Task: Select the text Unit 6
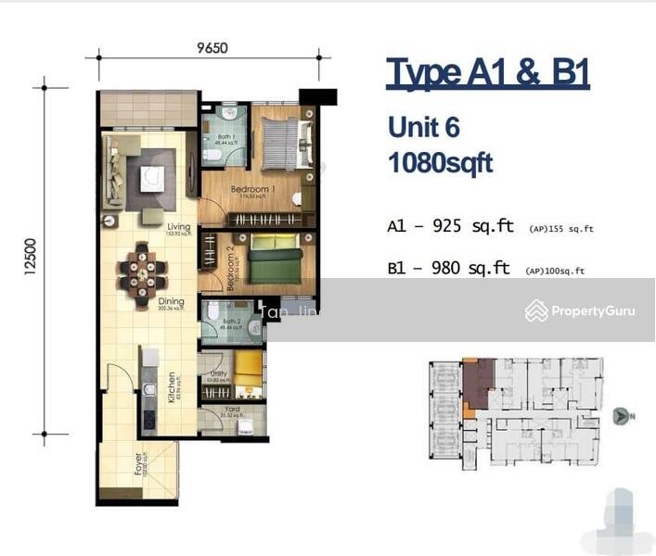point(423,127)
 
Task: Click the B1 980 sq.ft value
point(450,269)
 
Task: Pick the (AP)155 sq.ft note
point(560,229)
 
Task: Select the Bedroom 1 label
point(252,190)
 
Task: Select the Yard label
point(232,409)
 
